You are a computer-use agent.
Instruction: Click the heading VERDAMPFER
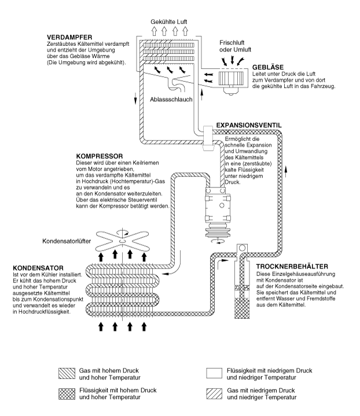coord(69,38)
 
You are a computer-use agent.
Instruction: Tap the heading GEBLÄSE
coord(268,67)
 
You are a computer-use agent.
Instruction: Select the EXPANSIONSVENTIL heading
coord(249,125)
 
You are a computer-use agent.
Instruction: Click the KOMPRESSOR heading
coord(100,156)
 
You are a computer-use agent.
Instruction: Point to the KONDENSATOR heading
coord(38,268)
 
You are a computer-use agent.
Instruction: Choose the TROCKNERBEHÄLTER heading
coord(292,266)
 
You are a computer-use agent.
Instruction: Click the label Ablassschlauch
coord(171,100)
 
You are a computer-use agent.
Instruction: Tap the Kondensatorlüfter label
coord(67,241)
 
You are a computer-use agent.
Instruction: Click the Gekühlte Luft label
coord(169,22)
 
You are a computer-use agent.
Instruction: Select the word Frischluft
coord(232,43)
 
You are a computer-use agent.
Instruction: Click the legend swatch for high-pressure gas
coord(67,374)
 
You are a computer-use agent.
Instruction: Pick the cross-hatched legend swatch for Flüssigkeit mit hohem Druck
coord(67,394)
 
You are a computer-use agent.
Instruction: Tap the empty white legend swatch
coord(214,373)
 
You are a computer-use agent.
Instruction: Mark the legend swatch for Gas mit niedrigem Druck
coord(214,393)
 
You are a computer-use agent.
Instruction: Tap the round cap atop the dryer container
coord(242,248)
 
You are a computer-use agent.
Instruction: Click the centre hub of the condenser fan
coord(122,241)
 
